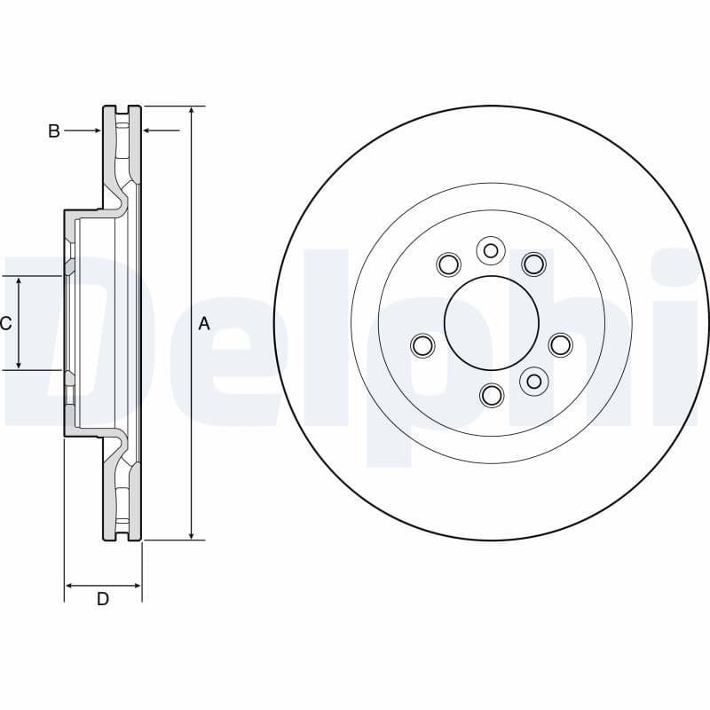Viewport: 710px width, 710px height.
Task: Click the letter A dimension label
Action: tap(203, 324)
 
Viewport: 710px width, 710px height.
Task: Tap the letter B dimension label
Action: tap(54, 131)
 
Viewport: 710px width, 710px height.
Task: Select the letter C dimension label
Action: tap(5, 324)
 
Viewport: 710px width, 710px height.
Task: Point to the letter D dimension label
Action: tap(103, 599)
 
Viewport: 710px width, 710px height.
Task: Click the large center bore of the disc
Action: tap(491, 323)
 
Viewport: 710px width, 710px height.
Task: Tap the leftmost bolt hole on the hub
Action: tap(423, 344)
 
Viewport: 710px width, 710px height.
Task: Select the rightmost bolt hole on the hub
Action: tap(560, 344)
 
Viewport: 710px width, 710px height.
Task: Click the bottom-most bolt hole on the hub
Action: tap(492, 394)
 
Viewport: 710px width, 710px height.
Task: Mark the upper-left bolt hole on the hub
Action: tap(449, 264)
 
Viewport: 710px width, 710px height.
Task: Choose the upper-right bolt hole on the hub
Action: tap(532, 264)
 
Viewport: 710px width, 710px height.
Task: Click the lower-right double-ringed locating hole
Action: tap(533, 381)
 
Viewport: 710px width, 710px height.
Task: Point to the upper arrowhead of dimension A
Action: tap(192, 111)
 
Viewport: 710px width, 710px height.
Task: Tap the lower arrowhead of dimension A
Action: tap(192, 534)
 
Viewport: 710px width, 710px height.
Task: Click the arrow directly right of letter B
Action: tap(96, 131)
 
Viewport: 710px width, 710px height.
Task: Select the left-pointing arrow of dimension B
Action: tap(148, 131)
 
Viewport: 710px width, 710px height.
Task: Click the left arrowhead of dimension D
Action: tap(70, 586)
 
